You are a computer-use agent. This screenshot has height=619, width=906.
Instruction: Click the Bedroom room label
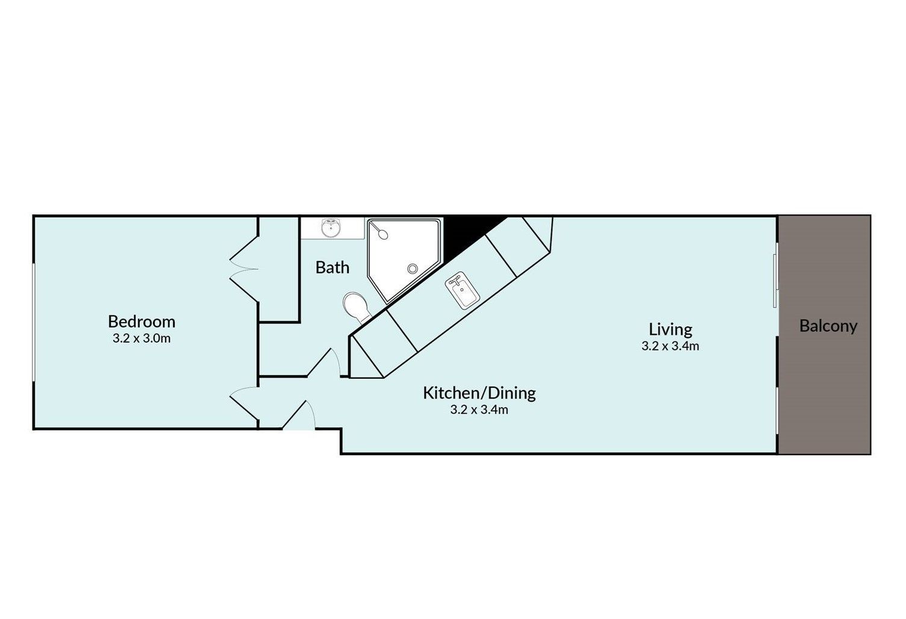click(142, 322)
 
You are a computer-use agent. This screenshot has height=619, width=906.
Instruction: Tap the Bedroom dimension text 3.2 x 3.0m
click(142, 338)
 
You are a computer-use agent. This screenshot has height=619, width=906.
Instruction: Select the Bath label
click(332, 268)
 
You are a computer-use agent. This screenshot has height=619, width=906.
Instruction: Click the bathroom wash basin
click(331, 228)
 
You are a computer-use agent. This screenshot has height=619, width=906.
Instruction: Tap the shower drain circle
click(413, 269)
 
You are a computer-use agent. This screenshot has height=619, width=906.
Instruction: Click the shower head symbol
click(381, 232)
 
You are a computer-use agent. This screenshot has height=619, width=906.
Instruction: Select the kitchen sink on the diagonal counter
click(462, 290)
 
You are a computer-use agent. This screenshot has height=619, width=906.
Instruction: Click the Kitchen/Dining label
click(480, 393)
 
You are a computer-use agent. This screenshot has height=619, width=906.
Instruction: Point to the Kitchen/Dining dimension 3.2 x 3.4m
click(480, 410)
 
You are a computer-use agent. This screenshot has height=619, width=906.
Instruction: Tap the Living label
click(670, 330)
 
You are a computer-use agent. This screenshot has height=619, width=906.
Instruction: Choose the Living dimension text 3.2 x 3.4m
click(670, 346)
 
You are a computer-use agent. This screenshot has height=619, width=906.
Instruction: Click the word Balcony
click(828, 326)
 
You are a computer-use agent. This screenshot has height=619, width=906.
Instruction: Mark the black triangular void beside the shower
click(465, 234)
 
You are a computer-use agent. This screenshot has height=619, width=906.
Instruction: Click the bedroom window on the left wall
click(34, 322)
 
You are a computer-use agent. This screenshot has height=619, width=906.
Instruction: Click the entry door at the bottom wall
click(299, 415)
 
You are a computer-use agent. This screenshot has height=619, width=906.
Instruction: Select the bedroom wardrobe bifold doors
click(244, 269)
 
